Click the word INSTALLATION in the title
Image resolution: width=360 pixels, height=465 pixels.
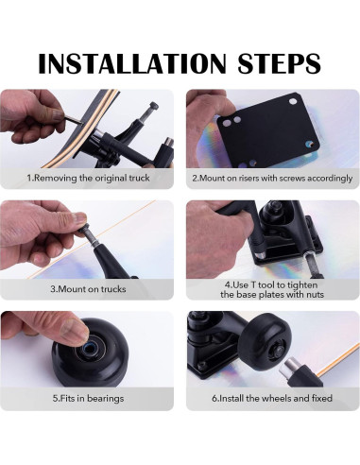132,63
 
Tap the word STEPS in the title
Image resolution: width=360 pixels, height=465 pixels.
279,63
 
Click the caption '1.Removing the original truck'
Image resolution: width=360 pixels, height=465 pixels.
88,178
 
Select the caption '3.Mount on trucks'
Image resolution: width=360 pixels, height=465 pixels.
88,289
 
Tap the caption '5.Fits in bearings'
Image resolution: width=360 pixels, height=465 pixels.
88,399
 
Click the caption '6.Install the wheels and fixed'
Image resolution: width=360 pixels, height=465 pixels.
272,398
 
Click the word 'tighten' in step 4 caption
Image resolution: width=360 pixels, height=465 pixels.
301,285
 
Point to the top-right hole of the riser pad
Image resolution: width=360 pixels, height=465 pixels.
293,101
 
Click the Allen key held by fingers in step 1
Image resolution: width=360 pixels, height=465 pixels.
73,120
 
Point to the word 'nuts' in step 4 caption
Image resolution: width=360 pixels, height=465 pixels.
314,295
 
